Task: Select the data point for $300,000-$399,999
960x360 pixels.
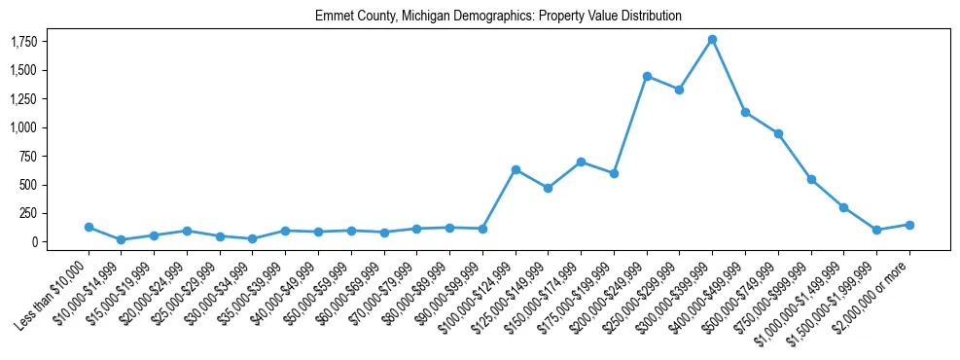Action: (x=712, y=39)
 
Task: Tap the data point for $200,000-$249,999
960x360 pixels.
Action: (x=647, y=76)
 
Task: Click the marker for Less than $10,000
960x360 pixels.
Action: (x=89, y=227)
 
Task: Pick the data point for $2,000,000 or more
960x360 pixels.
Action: (x=909, y=225)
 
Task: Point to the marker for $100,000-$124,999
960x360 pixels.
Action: (x=516, y=169)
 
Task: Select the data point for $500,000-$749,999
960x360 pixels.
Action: (x=778, y=133)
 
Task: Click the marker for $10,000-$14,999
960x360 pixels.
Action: (x=121, y=239)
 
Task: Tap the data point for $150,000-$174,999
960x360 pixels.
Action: (x=581, y=162)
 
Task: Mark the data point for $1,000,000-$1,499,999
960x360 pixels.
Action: (x=843, y=207)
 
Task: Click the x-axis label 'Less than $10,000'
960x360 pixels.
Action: (x=53, y=292)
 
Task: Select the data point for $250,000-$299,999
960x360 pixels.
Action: (x=679, y=90)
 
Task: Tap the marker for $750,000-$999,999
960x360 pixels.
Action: (x=811, y=179)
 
